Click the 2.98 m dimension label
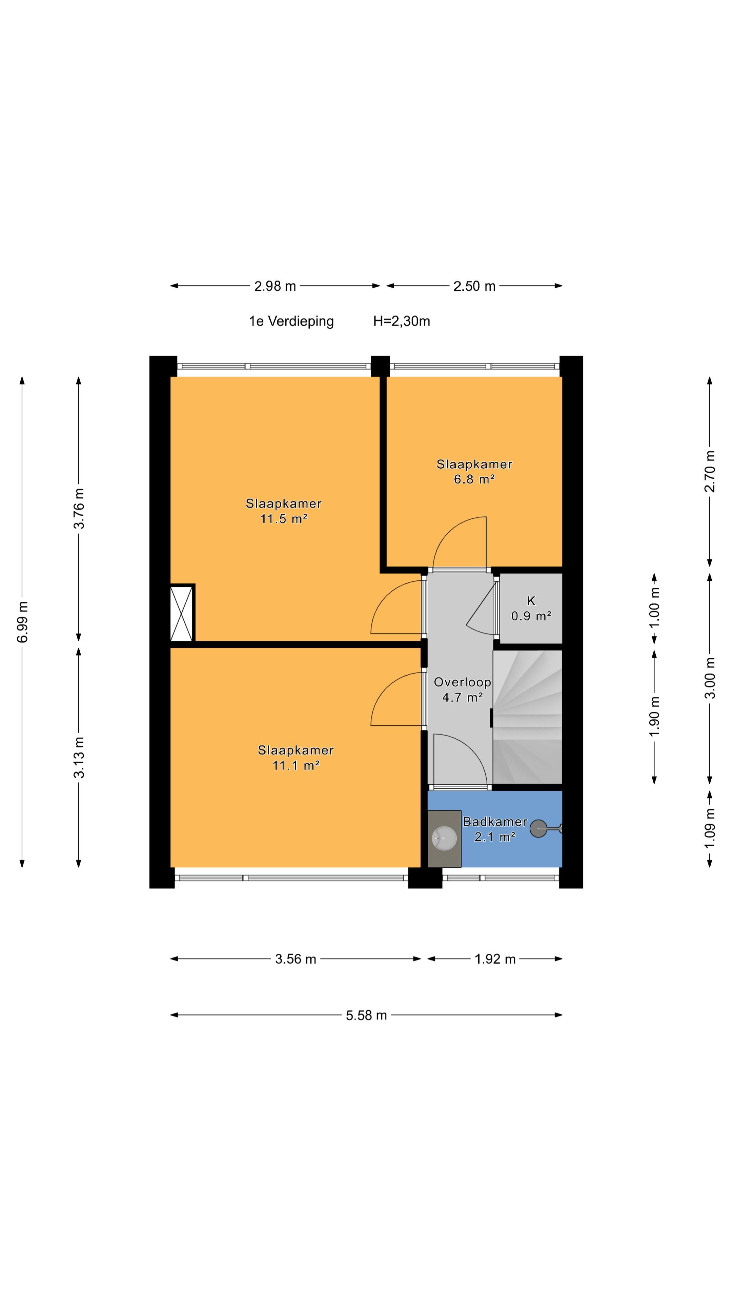tap(275, 286)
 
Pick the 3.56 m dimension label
tap(296, 959)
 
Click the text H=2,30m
tap(402, 321)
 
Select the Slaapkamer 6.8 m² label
tap(474, 472)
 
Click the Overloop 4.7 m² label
tap(462, 689)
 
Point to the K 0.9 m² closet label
tap(531, 608)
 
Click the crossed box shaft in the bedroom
tap(182, 613)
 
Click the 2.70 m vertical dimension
tap(710, 471)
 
